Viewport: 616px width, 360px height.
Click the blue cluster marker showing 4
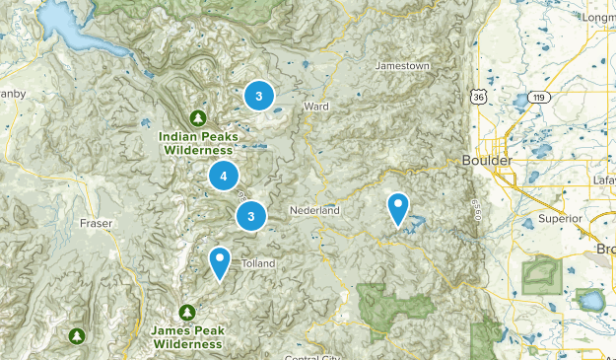224,177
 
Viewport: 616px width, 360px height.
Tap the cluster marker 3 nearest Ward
258,96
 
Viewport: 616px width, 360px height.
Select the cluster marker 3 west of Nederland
251,216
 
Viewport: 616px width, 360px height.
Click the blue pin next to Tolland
219,262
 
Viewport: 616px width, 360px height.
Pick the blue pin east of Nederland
398,208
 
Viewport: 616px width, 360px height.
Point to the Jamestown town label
403,66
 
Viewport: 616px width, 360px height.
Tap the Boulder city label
485,160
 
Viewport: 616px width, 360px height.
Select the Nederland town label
314,211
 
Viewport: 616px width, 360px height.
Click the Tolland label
258,263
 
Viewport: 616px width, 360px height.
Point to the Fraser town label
97,224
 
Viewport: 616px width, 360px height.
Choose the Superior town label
560,218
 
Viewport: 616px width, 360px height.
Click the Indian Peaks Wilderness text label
198,143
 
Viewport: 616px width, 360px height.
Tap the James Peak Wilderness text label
187,338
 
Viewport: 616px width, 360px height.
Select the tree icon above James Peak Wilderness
186,313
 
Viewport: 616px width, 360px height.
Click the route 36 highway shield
478,97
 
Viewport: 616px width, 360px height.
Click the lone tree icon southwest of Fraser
77,336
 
